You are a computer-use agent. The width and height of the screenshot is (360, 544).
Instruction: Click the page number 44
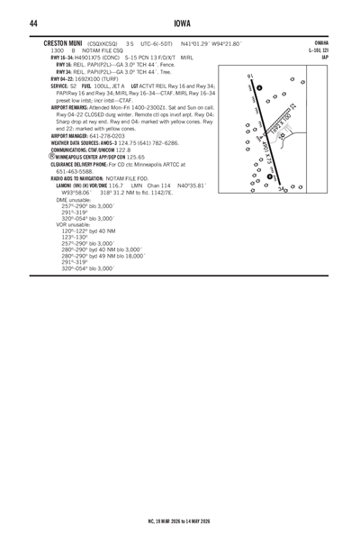click(32, 23)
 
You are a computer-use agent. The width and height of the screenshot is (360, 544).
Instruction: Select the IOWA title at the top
click(180, 23)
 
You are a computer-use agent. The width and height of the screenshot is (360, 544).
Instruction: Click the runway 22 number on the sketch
click(318, 110)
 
